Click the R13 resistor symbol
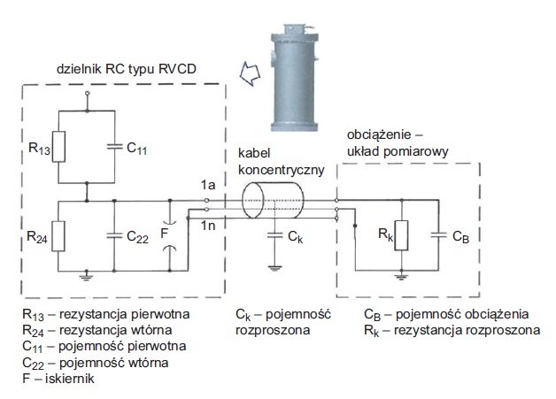[x=58, y=147]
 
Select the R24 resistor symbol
[x=58, y=236]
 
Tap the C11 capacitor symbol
[x=114, y=146]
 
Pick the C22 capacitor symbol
[x=114, y=235]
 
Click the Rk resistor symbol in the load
[x=401, y=235]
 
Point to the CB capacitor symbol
[x=438, y=234]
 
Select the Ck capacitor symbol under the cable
[x=274, y=235]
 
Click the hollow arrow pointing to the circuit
[x=250, y=73]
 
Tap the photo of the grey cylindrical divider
[x=294, y=78]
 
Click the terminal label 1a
[x=208, y=185]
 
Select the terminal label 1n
[x=208, y=226]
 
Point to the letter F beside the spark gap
[x=164, y=234]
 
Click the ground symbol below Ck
[x=274, y=268]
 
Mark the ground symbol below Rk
[x=401, y=277]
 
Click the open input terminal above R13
[x=88, y=94]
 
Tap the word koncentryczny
[x=282, y=170]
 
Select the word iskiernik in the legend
[x=70, y=379]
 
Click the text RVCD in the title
[x=177, y=68]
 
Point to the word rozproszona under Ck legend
[x=273, y=330]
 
